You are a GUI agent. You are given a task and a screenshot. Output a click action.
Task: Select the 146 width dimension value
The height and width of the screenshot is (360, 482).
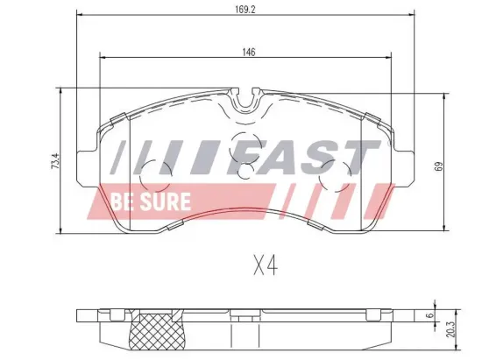coord(250,53)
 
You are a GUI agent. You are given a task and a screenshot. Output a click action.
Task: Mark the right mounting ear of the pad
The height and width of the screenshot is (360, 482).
coord(404,165)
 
